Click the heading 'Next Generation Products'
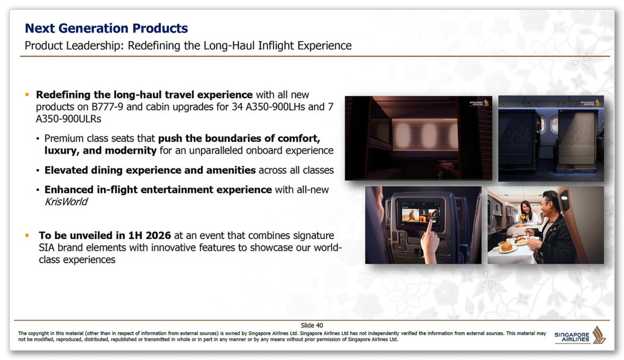click(x=106, y=28)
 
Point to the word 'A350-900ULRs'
click(x=69, y=119)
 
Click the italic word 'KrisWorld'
click(x=66, y=202)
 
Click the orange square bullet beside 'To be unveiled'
click(x=28, y=235)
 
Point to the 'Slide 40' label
click(x=312, y=326)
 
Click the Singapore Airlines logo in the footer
click(x=580, y=335)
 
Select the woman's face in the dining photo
click(x=525, y=206)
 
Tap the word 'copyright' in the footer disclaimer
click(x=39, y=334)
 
